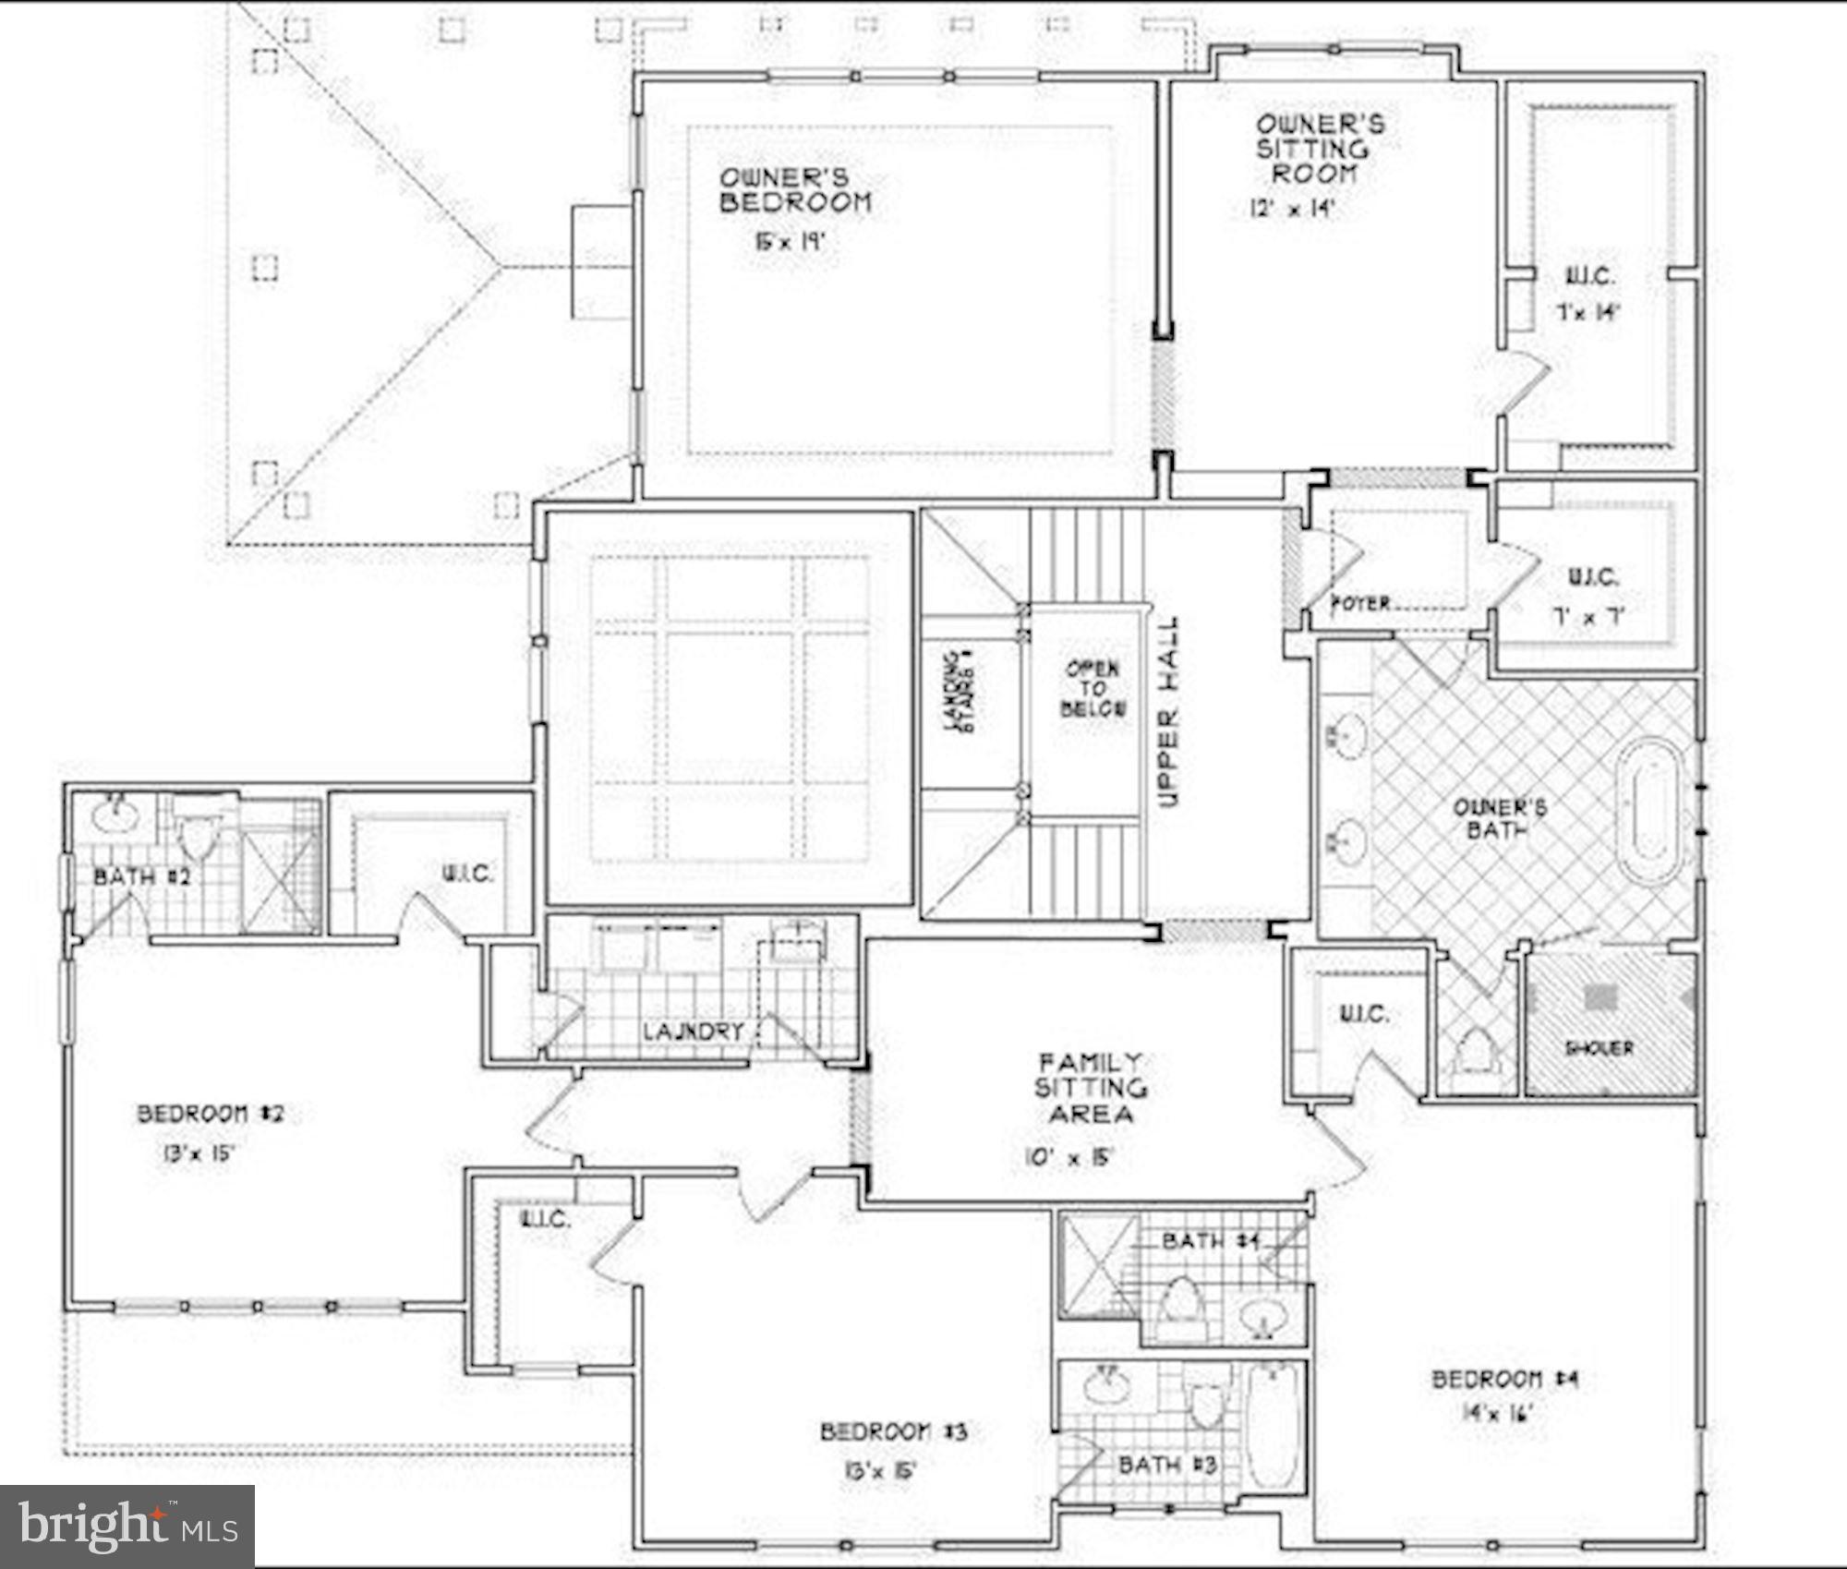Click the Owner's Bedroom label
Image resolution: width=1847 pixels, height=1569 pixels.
[795, 190]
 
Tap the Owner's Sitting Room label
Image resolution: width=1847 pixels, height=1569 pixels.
[1319, 149]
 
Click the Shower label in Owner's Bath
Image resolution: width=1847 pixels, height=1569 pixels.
[1600, 1048]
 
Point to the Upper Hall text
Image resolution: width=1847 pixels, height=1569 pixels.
[1168, 712]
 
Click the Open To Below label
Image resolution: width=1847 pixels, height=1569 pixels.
[1093, 689]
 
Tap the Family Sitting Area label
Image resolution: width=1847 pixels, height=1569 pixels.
[1091, 1088]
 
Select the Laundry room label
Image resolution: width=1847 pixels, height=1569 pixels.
[694, 1032]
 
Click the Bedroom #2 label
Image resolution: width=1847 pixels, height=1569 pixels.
[211, 1114]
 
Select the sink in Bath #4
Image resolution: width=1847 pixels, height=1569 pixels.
[1261, 1318]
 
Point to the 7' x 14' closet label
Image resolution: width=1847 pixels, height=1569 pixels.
[1587, 312]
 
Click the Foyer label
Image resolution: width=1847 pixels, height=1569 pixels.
[1360, 603]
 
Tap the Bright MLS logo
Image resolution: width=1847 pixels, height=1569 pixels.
[127, 1525]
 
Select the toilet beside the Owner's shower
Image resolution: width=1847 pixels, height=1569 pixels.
[1475, 1052]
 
